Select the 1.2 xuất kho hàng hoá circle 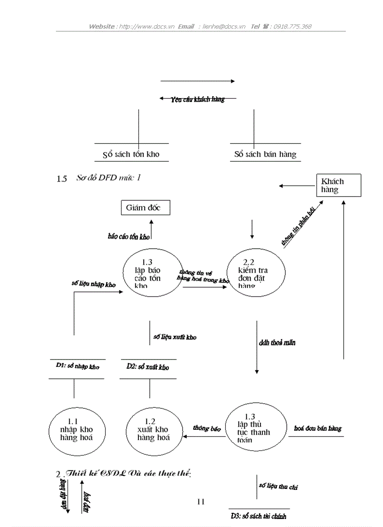click(153, 429)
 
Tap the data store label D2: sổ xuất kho click(147, 367)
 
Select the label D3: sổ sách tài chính click(258, 516)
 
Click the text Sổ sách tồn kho click(131, 154)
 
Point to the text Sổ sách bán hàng click(265, 154)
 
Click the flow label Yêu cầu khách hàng click(198, 99)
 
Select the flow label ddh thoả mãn click(277, 343)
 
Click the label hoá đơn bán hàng click(318, 428)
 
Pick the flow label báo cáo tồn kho click(129, 237)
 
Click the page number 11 click(201, 502)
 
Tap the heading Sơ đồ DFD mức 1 click(108, 178)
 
